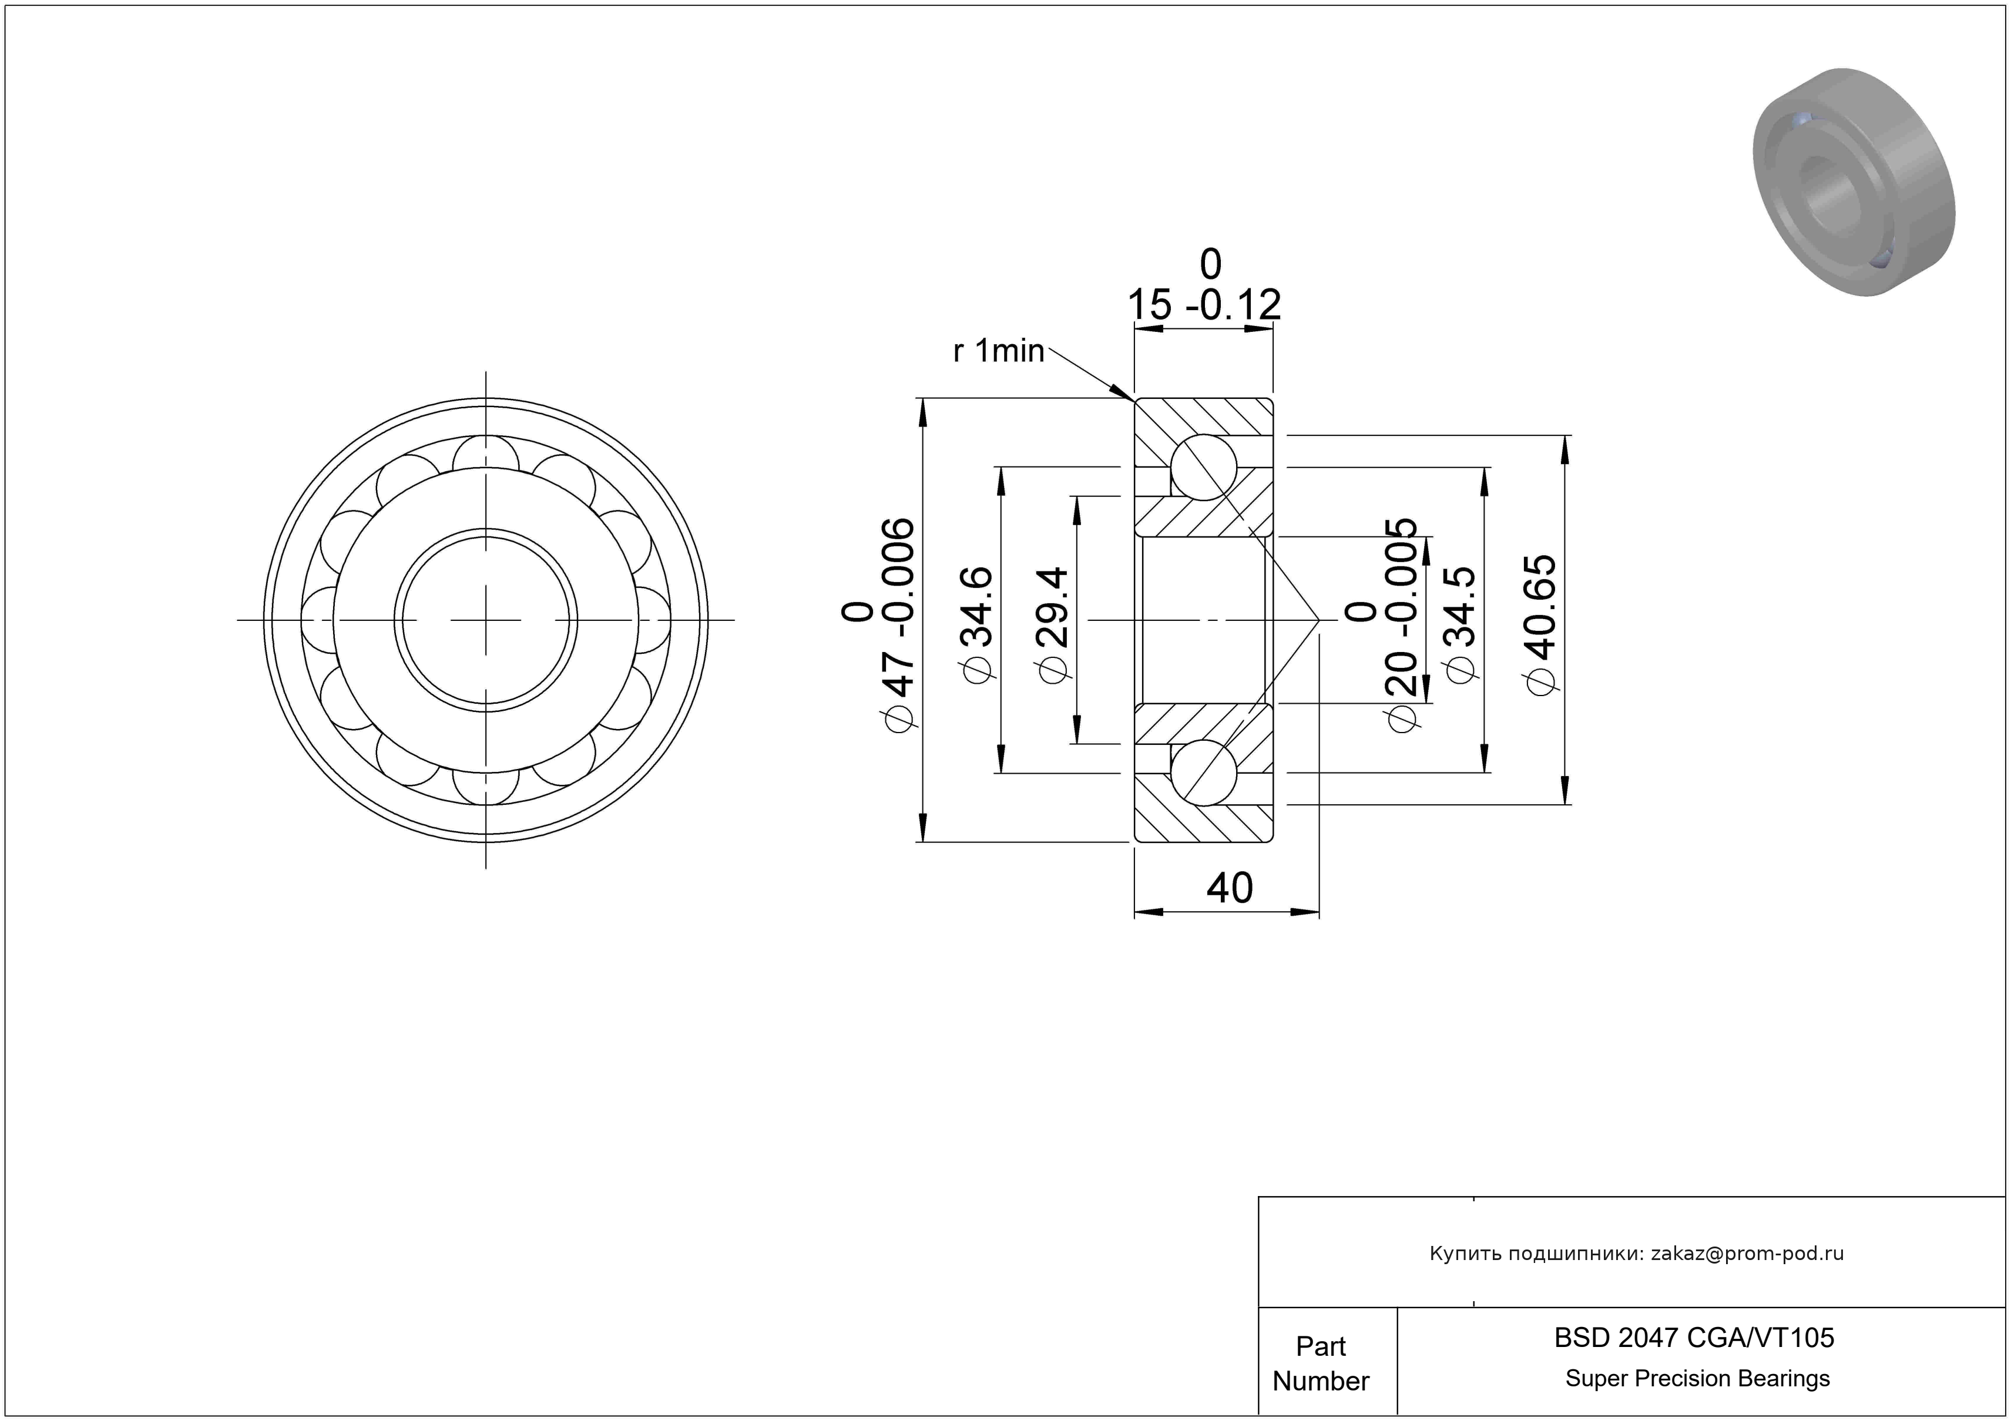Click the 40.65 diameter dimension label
click(x=1542, y=624)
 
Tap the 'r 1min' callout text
click(x=999, y=351)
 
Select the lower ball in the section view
click(x=1203, y=772)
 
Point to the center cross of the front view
click(x=486, y=620)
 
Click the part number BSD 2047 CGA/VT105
click(x=1694, y=1337)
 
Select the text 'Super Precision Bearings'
click(x=1697, y=1378)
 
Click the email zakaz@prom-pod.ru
click(x=1747, y=1253)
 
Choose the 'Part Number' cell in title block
click(x=1321, y=1363)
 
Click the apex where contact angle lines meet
click(x=1319, y=620)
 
